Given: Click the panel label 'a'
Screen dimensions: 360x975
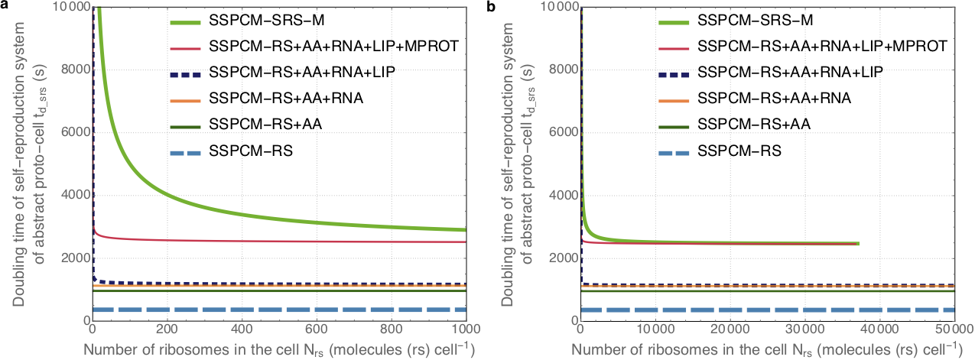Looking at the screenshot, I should (5, 6).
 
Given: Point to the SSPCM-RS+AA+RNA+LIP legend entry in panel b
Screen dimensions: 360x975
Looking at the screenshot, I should (791, 73).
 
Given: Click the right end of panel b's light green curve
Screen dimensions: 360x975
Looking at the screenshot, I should (859, 244).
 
